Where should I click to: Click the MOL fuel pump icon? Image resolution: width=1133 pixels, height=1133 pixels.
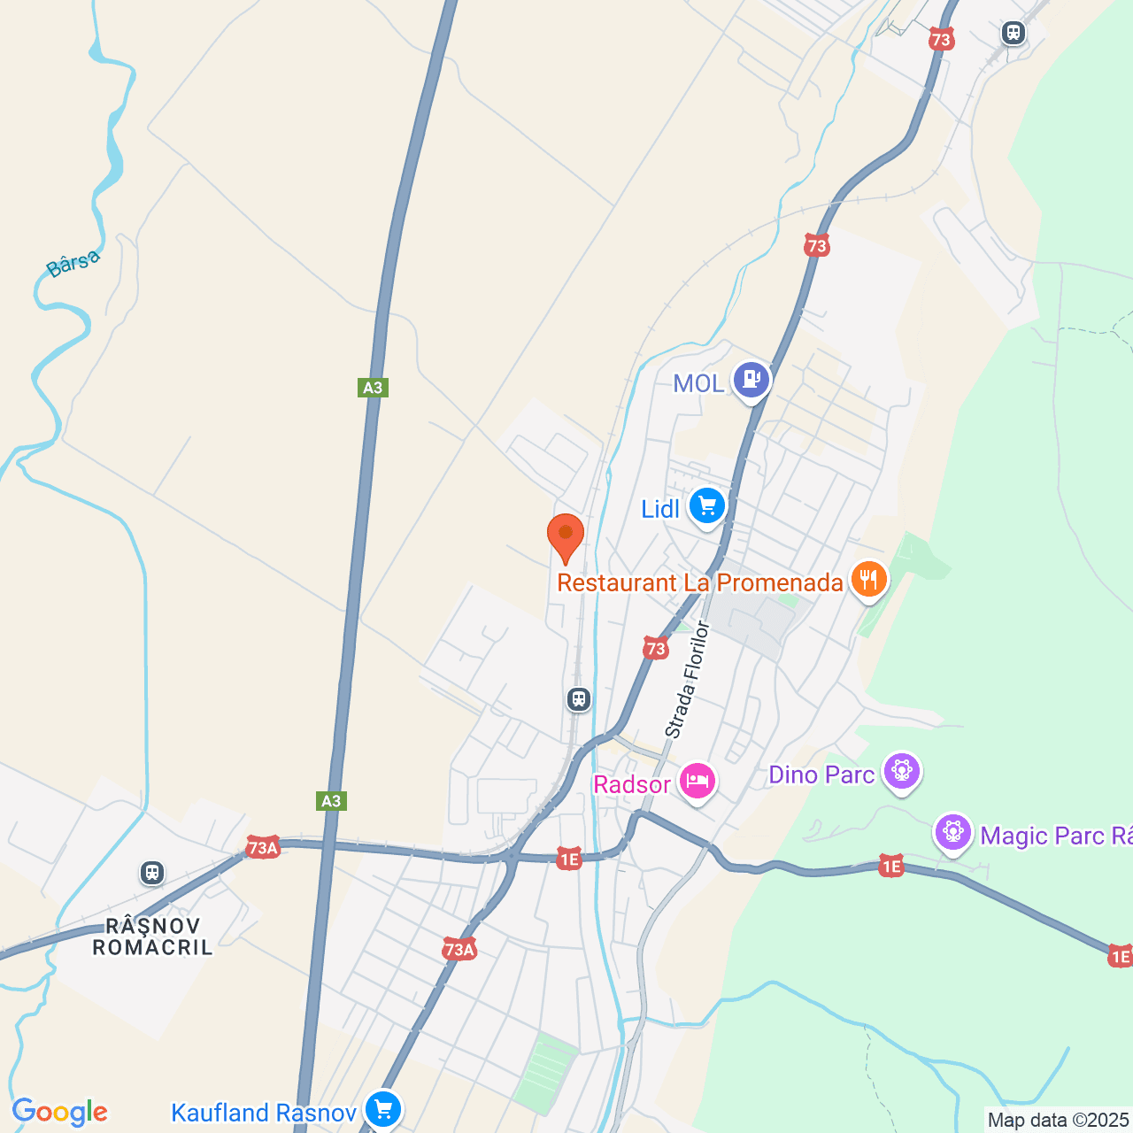click(x=751, y=381)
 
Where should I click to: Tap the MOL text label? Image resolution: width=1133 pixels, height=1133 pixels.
click(x=698, y=383)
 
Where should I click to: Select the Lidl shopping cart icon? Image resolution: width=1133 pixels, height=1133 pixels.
click(x=706, y=506)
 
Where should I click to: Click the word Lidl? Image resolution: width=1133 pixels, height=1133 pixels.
click(x=660, y=509)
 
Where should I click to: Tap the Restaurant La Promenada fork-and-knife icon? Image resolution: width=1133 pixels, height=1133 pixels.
click(x=869, y=580)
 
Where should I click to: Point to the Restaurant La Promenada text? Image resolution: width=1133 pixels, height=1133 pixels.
click(x=699, y=582)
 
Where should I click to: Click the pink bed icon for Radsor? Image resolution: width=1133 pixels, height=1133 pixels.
click(x=698, y=782)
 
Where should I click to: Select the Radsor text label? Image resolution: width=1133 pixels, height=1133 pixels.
click(x=632, y=785)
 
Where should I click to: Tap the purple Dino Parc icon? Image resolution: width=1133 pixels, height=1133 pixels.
click(x=902, y=772)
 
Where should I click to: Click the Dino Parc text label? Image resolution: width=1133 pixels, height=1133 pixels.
click(x=821, y=775)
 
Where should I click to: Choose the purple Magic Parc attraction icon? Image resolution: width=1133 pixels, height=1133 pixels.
click(x=953, y=833)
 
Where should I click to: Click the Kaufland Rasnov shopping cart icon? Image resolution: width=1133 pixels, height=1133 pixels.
click(x=383, y=1109)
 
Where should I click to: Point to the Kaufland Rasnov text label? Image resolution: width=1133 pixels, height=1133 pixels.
click(x=263, y=1113)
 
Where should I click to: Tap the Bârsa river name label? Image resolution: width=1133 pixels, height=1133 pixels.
click(x=73, y=264)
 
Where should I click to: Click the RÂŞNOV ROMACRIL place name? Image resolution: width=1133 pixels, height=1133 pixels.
click(x=153, y=936)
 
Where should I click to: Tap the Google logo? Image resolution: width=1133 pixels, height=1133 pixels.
click(x=60, y=1112)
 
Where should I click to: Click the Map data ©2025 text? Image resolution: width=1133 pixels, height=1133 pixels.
click(x=1059, y=1121)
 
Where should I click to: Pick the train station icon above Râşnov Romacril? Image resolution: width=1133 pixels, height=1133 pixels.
click(x=152, y=873)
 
